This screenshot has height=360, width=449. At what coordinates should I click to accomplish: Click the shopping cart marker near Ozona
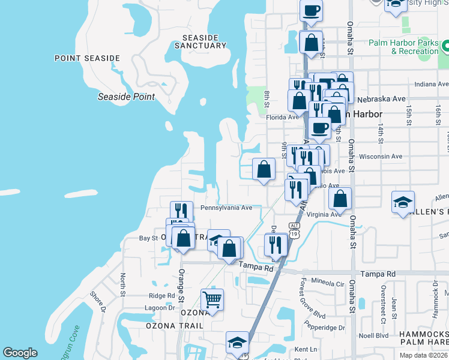pyautogui.click(x=211, y=299)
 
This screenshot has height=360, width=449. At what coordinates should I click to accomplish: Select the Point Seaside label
pyautogui.click(x=87, y=58)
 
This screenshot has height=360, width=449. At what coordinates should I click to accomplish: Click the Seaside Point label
pyautogui.click(x=127, y=97)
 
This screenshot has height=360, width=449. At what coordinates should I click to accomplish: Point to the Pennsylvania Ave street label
pyautogui.click(x=227, y=208)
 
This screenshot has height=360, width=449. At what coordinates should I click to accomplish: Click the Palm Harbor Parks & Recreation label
pyautogui.click(x=403, y=47)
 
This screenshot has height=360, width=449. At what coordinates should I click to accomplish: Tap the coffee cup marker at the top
pyautogui.click(x=311, y=10)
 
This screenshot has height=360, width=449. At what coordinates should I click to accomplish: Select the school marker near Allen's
pyautogui.click(x=403, y=202)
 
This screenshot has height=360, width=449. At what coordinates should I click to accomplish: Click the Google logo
pyautogui.click(x=20, y=353)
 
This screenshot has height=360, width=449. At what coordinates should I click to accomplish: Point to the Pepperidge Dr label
pyautogui.click(x=324, y=328)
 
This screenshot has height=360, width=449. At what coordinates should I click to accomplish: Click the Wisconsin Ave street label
pyautogui.click(x=380, y=157)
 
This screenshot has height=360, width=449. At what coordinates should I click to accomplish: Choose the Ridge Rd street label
pyautogui.click(x=161, y=296)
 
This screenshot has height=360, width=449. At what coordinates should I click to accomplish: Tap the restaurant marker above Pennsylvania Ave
pyautogui.click(x=181, y=211)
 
